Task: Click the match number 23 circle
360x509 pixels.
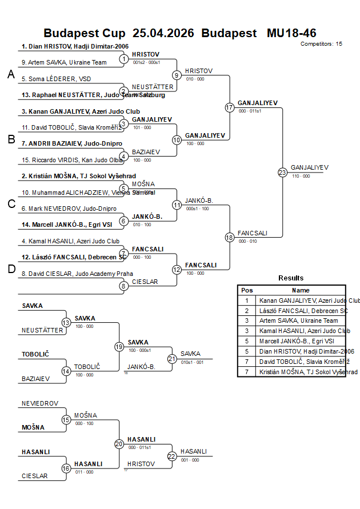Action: point(282,173)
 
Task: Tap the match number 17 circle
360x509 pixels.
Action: point(230,107)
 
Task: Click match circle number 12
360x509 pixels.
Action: point(177,270)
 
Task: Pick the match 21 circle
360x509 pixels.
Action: point(172,359)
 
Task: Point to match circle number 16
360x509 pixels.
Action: point(66,468)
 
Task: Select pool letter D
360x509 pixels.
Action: point(11,270)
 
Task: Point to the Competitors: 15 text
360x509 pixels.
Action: point(321,43)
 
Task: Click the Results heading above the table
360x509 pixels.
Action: point(291,278)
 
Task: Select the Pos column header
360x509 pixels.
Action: point(247,290)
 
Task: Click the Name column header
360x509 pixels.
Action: point(301,290)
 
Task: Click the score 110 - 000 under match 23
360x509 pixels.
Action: point(301,176)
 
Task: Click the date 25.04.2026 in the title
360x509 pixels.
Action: point(163,33)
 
